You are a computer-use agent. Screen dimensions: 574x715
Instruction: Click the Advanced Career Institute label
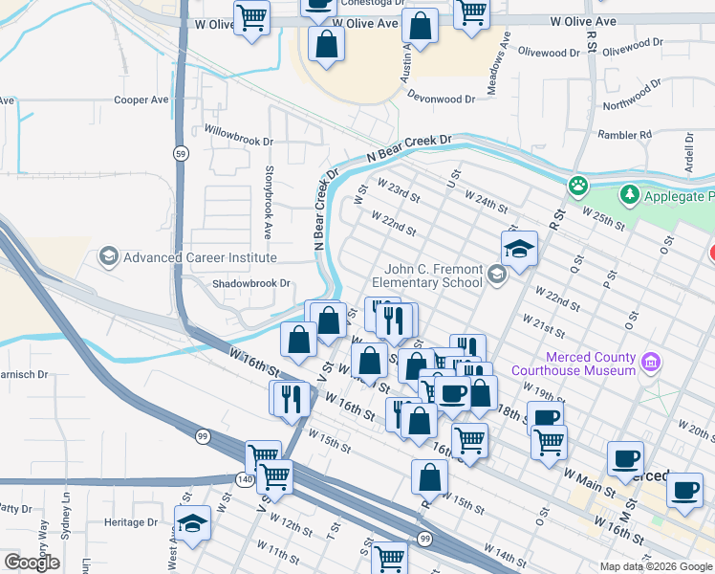[x=200, y=257]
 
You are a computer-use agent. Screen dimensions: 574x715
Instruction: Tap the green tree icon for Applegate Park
[x=629, y=195]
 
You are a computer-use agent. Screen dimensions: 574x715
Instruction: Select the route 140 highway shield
[x=244, y=477]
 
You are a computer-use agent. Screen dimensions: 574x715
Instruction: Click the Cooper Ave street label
[x=141, y=99]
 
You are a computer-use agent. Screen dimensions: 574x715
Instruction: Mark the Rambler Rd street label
[x=624, y=135]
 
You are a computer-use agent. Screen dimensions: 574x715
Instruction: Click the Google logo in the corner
[x=32, y=563]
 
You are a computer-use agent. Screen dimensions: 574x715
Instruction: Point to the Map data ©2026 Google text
[x=655, y=566]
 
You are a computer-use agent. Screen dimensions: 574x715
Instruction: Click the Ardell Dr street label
[x=687, y=147]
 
